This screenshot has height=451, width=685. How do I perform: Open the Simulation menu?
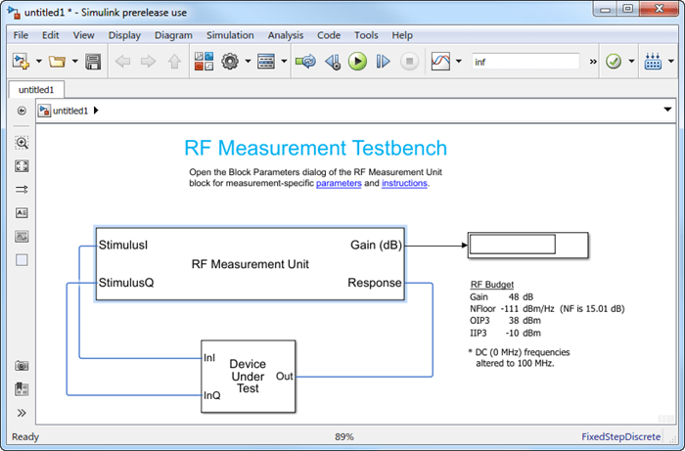click(x=229, y=35)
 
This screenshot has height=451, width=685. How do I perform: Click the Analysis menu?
click(x=286, y=35)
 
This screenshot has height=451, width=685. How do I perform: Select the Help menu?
click(x=402, y=35)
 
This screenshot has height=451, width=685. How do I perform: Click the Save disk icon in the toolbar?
click(x=93, y=62)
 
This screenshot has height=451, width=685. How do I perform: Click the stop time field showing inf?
click(x=528, y=62)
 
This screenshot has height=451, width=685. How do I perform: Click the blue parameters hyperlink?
click(x=339, y=183)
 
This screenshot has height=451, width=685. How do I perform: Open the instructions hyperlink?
click(x=404, y=183)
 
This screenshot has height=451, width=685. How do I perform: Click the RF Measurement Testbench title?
click(x=315, y=149)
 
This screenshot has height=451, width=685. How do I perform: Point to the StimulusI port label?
click(x=122, y=245)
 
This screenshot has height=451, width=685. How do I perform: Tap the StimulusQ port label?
click(x=125, y=284)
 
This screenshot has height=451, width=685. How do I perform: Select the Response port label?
click(x=374, y=284)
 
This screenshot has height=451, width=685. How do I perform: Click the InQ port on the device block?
click(x=212, y=395)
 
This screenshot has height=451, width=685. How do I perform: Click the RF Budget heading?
click(x=492, y=285)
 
